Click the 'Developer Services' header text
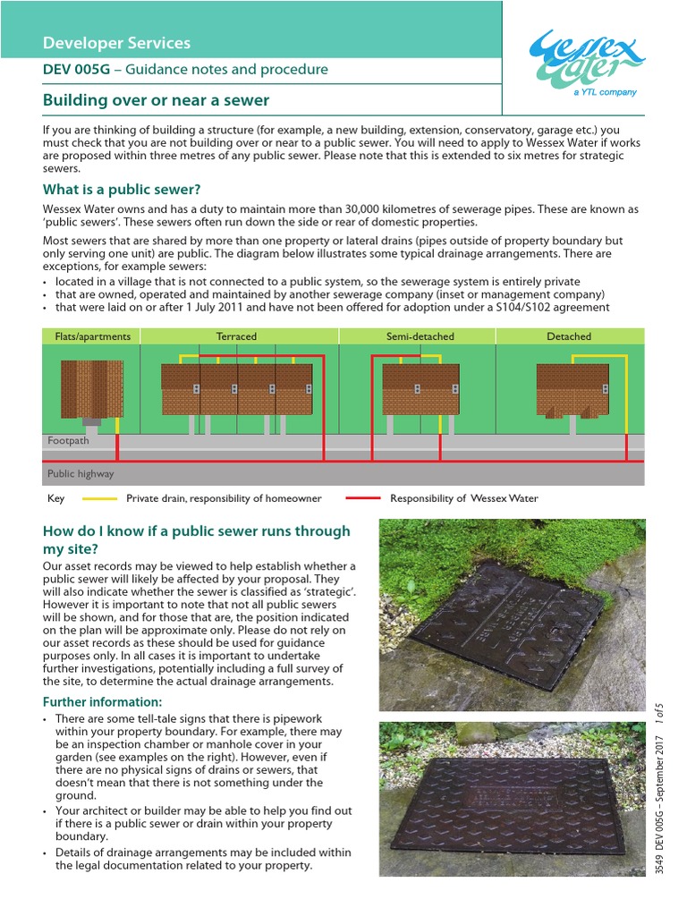[116, 43]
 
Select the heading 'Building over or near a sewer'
[156, 100]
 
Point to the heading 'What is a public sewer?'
[122, 189]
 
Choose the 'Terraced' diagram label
[236, 336]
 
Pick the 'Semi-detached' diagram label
[420, 336]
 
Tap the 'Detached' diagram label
[568, 336]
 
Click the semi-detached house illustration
[420, 389]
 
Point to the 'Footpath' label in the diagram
[68, 441]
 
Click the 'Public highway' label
[81, 473]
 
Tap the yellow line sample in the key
[99, 498]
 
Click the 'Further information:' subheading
[103, 701]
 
